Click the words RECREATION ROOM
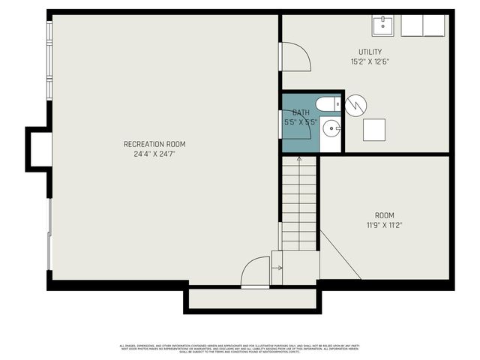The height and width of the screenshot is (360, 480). (154, 144)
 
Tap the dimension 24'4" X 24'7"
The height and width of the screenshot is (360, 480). (154, 154)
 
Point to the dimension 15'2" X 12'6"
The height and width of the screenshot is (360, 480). (370, 61)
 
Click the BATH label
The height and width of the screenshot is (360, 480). (301, 112)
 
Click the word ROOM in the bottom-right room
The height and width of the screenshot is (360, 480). (384, 215)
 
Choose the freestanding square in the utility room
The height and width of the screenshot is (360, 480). (374, 130)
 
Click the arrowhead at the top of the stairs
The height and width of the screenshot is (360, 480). (299, 158)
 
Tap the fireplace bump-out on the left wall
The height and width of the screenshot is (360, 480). (39, 147)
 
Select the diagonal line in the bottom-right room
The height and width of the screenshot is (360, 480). (340, 254)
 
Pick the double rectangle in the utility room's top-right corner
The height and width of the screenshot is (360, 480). (424, 25)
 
